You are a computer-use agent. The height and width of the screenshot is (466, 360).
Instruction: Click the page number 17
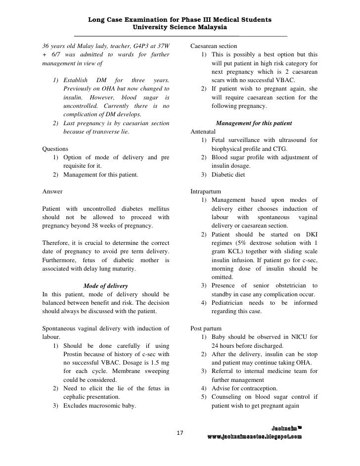point(180,433)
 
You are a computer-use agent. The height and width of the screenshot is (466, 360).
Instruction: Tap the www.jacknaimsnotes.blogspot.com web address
point(254,437)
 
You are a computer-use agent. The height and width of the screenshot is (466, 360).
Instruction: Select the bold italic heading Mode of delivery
point(106,286)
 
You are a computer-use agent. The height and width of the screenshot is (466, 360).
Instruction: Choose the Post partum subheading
point(206,328)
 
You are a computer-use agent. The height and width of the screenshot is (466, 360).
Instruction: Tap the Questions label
point(56,148)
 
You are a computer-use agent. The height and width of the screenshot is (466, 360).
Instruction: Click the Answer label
point(52,191)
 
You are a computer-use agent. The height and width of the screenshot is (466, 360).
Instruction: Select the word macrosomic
point(107,406)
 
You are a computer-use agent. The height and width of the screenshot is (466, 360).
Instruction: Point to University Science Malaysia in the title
point(180,27)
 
